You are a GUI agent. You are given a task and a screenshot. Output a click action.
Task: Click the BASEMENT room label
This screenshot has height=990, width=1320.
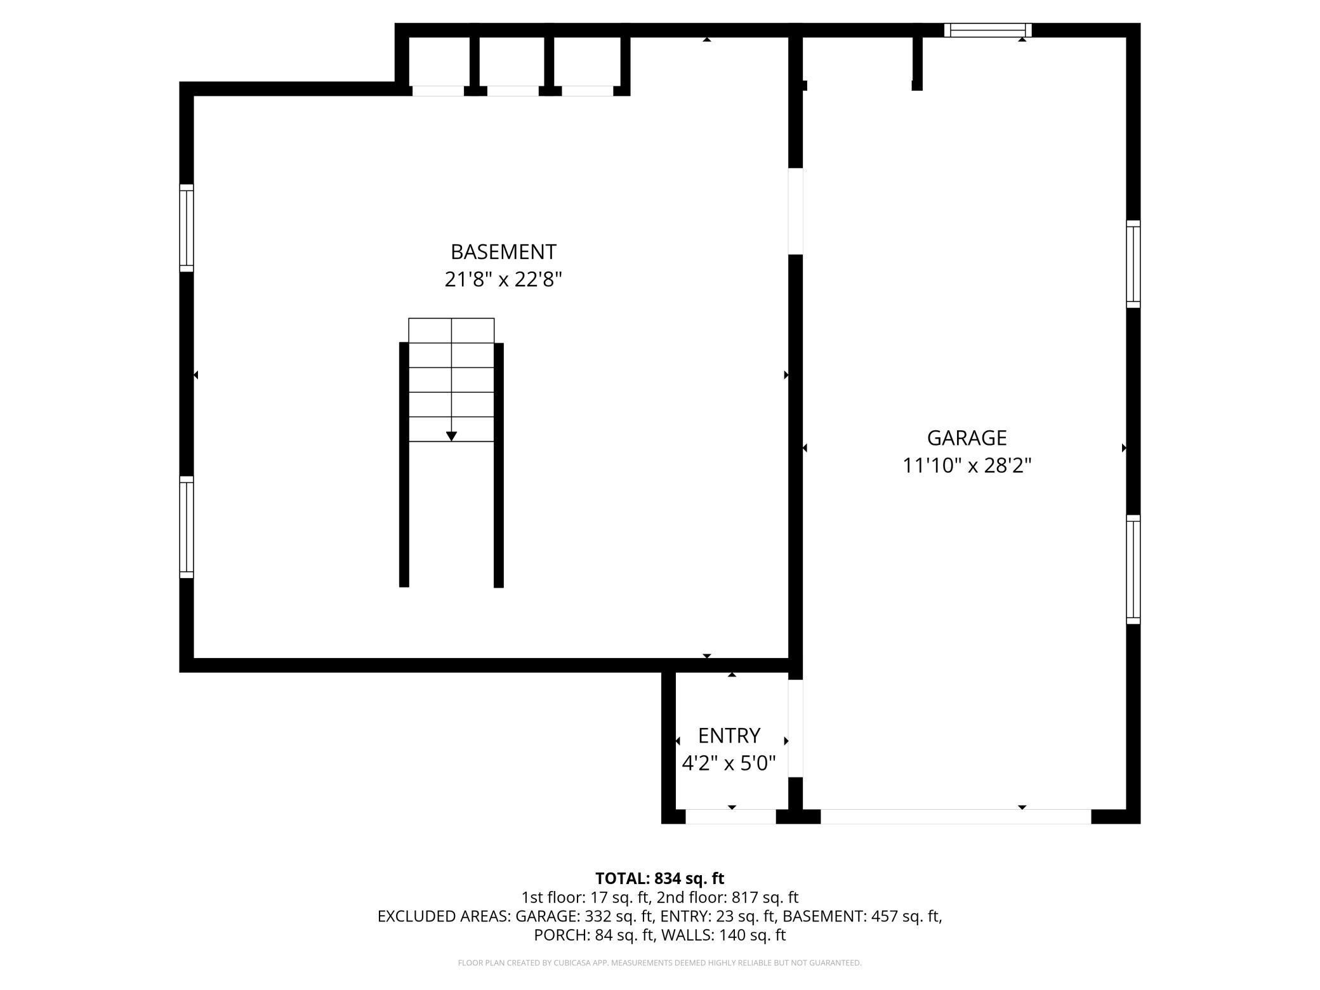click(x=503, y=252)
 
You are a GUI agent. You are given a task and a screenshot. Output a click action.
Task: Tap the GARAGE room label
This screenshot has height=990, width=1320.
click(x=967, y=438)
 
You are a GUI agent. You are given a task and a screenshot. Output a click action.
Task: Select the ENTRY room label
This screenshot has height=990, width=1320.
click(x=729, y=736)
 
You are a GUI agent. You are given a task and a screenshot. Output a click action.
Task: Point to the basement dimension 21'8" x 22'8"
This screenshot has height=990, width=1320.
click(x=503, y=279)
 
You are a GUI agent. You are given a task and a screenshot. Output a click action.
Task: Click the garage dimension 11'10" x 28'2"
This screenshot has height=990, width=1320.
click(x=967, y=466)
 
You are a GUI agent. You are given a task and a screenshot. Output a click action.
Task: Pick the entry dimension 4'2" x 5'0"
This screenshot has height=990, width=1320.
click(x=729, y=763)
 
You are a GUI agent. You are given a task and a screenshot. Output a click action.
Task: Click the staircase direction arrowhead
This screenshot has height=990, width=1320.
click(x=451, y=436)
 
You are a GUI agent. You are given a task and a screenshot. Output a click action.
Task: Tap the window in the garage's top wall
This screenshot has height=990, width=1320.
click(x=987, y=30)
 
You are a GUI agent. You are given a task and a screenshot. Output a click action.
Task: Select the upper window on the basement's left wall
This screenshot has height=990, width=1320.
click(x=186, y=228)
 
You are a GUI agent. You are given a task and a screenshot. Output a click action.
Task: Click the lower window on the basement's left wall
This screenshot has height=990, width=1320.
click(x=186, y=527)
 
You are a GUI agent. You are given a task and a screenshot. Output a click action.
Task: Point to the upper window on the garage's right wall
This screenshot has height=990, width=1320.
click(x=1133, y=264)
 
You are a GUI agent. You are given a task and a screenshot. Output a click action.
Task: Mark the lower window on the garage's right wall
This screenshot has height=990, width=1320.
click(x=1133, y=569)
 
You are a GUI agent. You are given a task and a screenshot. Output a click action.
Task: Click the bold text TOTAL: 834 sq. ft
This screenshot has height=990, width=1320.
click(x=659, y=878)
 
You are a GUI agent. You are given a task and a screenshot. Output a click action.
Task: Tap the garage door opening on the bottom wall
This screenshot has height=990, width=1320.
click(x=956, y=817)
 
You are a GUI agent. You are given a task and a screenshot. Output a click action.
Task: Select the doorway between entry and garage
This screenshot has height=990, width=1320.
click(x=795, y=729)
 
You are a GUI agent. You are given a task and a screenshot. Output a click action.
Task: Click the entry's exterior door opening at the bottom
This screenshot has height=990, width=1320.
click(x=730, y=817)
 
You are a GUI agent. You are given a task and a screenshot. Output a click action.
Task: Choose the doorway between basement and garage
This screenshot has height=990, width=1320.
click(x=795, y=211)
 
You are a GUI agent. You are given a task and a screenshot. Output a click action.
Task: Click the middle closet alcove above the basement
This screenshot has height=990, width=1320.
click(x=512, y=62)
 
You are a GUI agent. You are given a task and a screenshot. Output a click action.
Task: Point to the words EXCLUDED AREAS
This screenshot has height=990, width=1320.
click(x=443, y=916)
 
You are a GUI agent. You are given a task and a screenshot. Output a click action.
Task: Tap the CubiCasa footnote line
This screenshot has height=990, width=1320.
click(x=659, y=963)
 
